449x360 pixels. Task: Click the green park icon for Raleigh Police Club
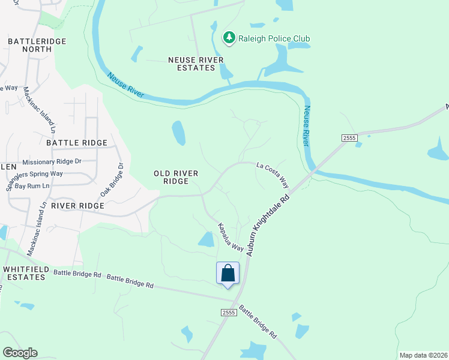coord(229,38)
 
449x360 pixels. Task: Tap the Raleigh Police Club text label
coord(274,38)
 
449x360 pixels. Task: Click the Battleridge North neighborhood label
coord(29,45)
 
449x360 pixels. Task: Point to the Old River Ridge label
coord(176,177)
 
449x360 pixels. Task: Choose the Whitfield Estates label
coord(24,273)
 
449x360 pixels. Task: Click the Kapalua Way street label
coord(230,238)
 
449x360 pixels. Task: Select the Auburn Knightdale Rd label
coord(268,225)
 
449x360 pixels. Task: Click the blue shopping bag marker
coord(228,274)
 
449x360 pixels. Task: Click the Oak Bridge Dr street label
coord(112,179)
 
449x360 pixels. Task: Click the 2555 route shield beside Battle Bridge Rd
coord(228,313)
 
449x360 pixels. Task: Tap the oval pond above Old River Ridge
coord(178,133)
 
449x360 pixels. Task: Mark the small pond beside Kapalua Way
coord(206,240)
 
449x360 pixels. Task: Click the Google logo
coord(20,353)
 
